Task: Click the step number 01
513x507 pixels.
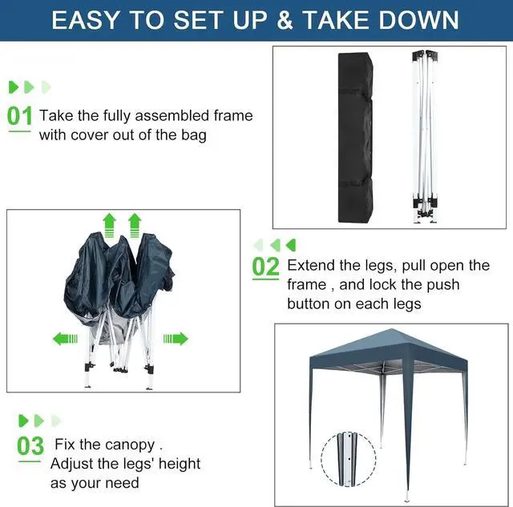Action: tap(20, 116)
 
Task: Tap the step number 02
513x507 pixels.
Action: tap(265, 267)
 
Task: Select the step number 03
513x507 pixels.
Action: tap(30, 445)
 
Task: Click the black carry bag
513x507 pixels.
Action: tap(355, 137)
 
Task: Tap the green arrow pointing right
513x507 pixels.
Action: tap(176, 339)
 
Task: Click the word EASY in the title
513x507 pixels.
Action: tap(88, 20)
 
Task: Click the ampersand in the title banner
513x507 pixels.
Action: tap(285, 20)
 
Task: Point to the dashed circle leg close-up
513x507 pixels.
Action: tap(348, 459)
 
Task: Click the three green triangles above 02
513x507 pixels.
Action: tap(274, 245)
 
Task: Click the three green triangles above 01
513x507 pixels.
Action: tap(30, 87)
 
